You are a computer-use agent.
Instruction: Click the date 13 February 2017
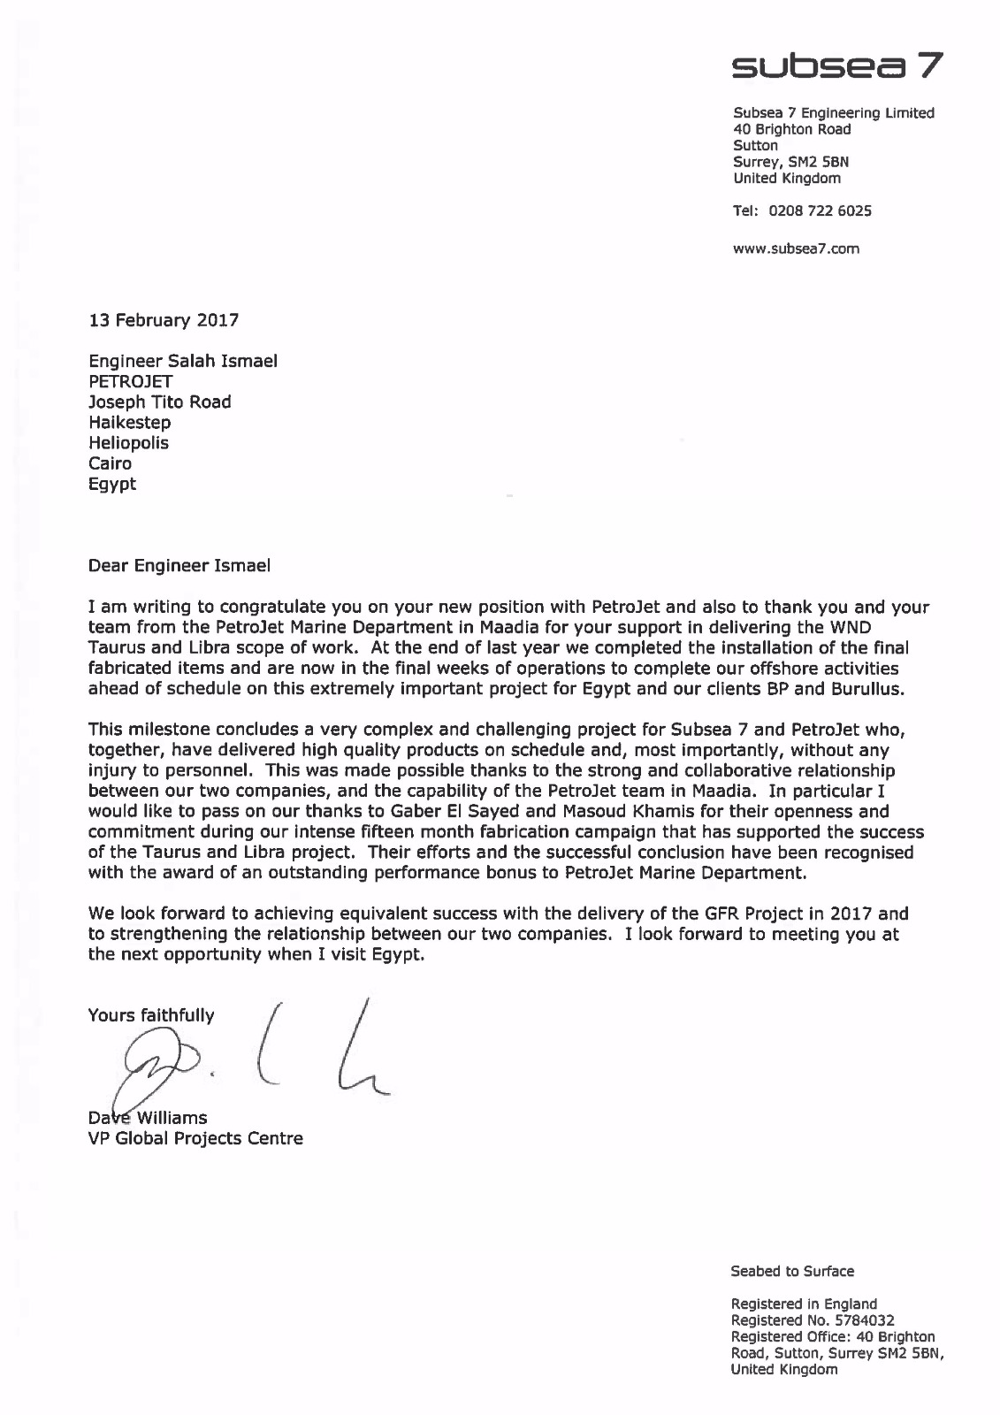(164, 320)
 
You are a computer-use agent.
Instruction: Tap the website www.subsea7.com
(796, 249)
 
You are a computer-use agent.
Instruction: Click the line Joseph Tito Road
(160, 402)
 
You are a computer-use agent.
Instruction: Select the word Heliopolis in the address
(128, 442)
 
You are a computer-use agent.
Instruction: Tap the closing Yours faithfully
(150, 1015)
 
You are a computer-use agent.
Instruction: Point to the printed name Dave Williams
(148, 1117)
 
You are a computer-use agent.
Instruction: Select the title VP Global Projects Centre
(195, 1138)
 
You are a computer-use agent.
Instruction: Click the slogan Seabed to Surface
(791, 1271)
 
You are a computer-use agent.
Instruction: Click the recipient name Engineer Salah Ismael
(183, 361)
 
